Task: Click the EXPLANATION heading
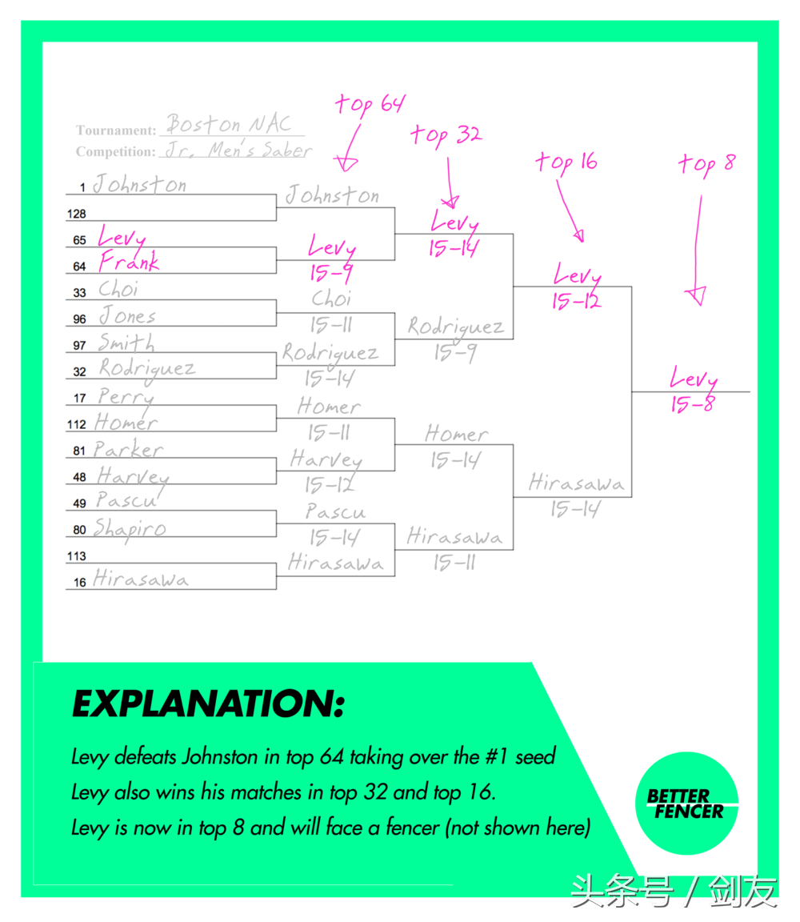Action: coord(208,704)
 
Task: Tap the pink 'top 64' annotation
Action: coord(370,104)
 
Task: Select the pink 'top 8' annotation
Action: coord(706,164)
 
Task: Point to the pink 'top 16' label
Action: coord(566,162)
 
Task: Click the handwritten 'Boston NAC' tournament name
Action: coord(229,125)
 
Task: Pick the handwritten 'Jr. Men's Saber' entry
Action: coord(238,150)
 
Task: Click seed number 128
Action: coord(77,214)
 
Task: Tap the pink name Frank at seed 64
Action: coord(128,263)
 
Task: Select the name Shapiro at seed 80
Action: coord(130,528)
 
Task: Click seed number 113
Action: coord(77,556)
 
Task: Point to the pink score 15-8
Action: coord(693,405)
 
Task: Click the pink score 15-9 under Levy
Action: coord(330,274)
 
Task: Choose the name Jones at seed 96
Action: coord(127,316)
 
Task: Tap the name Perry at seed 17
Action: coord(126,395)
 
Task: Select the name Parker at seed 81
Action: coord(128,449)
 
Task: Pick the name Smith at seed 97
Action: coord(126,343)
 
